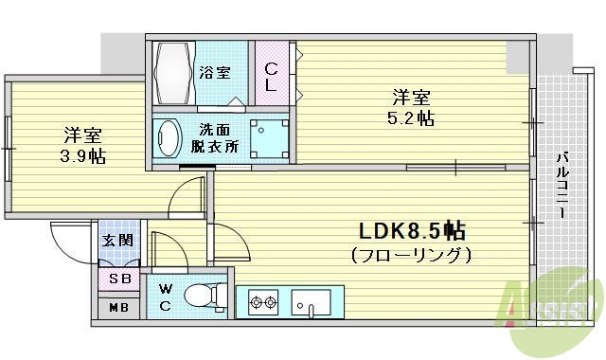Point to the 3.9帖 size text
(84, 155)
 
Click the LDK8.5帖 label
(410, 231)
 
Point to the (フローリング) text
(410, 255)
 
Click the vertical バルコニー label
(561, 186)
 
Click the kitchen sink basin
(310, 304)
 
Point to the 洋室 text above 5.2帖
(412, 96)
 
